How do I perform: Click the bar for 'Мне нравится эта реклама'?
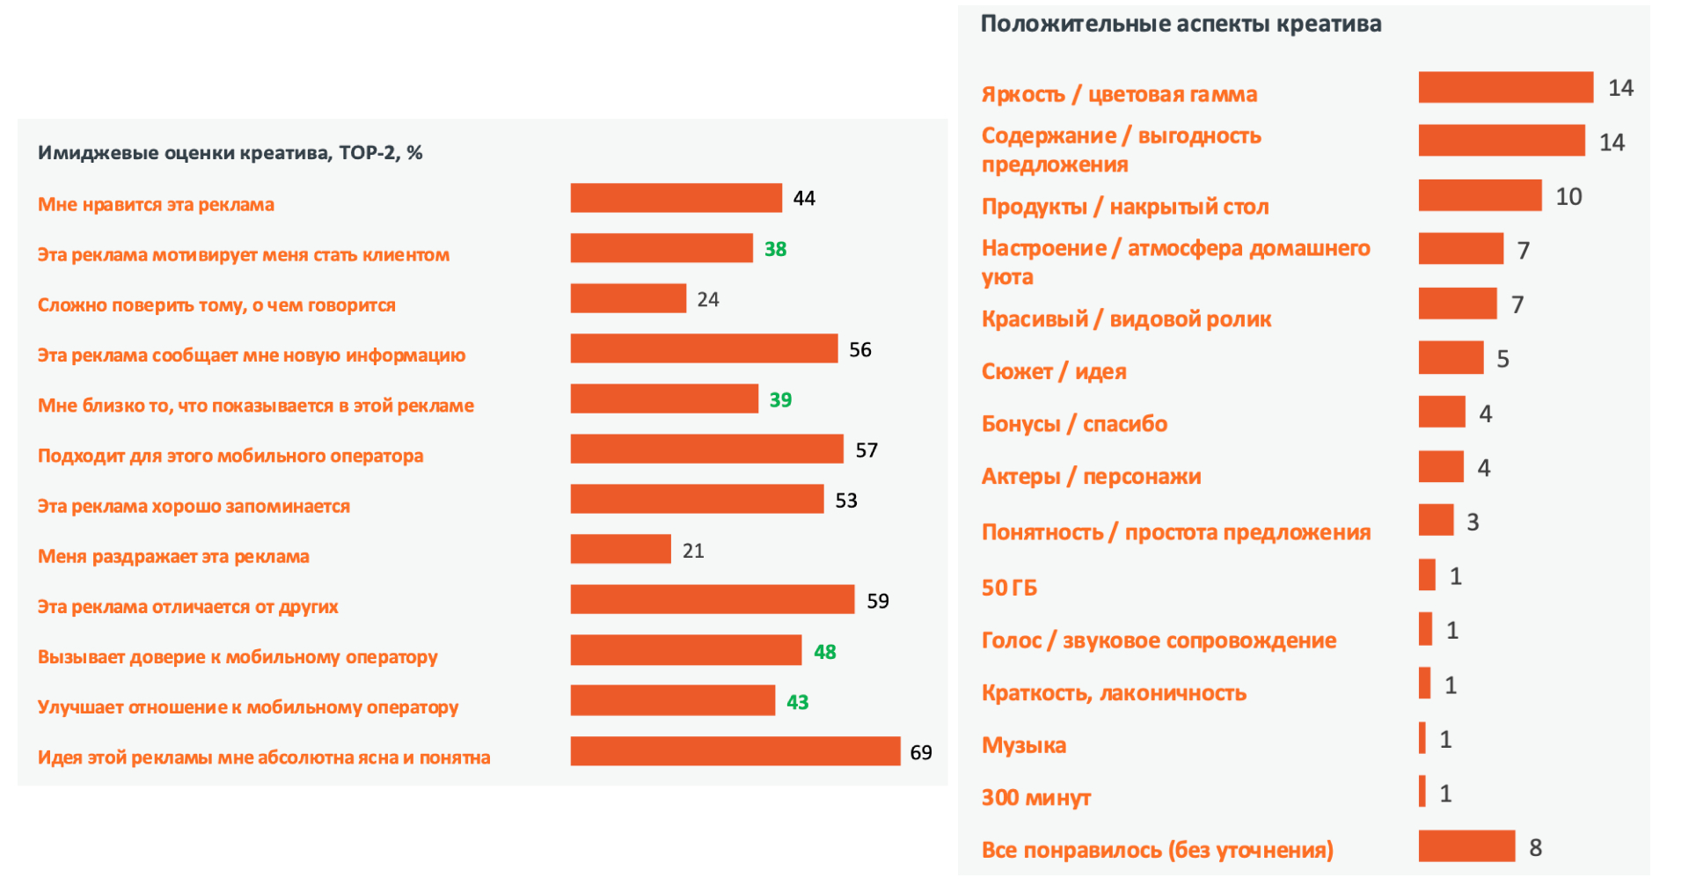point(676,198)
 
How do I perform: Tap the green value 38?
point(775,249)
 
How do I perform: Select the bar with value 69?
point(735,751)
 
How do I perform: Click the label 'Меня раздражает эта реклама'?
point(173,556)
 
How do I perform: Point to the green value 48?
point(824,652)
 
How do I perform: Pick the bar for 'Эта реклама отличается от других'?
point(712,600)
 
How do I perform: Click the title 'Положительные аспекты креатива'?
point(1181,24)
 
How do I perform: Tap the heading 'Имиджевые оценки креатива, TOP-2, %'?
point(230,153)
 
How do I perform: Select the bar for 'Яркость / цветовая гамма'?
point(1505,87)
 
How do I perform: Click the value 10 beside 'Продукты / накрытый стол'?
point(1568,196)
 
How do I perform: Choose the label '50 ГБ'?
point(1009,588)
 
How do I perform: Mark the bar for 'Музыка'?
point(1422,738)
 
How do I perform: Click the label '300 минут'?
point(1035,798)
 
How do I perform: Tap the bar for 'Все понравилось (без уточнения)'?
point(1466,846)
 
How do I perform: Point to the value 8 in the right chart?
point(1535,847)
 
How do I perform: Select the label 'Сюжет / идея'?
point(1054,372)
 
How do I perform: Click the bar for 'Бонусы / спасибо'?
point(1442,412)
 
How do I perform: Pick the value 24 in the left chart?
point(707,300)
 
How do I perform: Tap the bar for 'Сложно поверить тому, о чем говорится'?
point(628,298)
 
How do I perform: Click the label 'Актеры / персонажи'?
point(1091,477)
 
